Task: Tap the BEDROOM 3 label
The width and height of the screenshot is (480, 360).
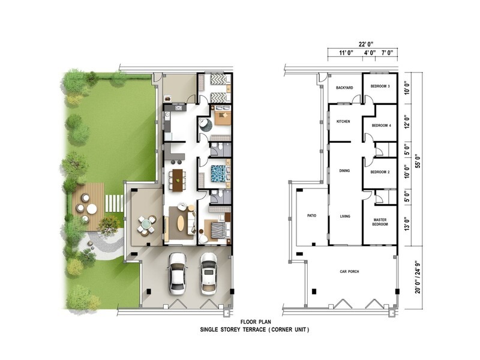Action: (x=380, y=86)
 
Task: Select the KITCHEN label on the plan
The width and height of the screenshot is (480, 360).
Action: (x=343, y=122)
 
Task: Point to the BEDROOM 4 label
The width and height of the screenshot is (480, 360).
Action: (x=381, y=125)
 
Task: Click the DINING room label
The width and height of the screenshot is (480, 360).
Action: (x=344, y=171)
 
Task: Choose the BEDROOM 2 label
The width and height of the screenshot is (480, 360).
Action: (x=380, y=172)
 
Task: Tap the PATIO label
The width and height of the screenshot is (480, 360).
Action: (x=311, y=215)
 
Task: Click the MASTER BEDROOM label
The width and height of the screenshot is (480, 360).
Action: (x=380, y=222)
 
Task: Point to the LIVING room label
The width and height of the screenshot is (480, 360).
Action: (x=344, y=216)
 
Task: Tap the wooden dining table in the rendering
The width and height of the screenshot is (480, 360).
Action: (x=177, y=177)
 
